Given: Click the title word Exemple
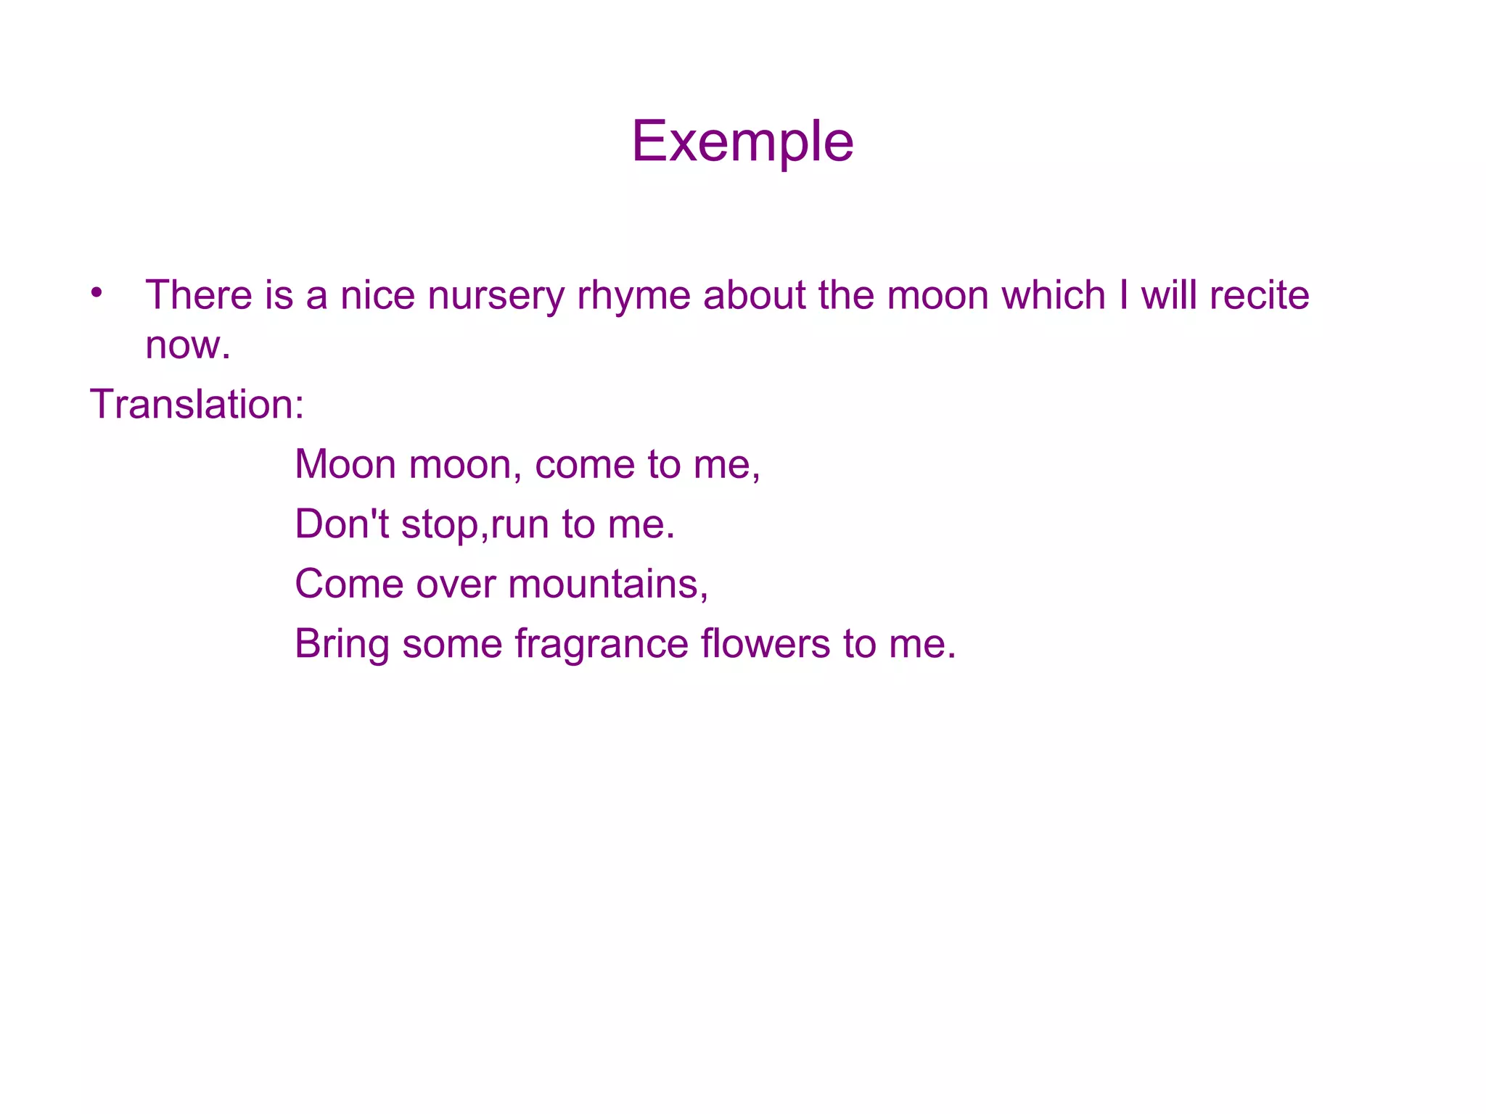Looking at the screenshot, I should tap(742, 141).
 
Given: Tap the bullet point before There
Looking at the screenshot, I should tap(97, 293).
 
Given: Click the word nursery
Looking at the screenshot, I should tap(496, 295).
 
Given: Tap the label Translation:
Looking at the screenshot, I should tap(197, 404).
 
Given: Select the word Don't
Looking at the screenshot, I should tap(342, 524).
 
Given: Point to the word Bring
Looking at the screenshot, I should tap(342, 645).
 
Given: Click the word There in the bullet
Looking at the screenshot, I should tap(198, 295).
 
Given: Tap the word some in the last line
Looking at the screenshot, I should tap(452, 644).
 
